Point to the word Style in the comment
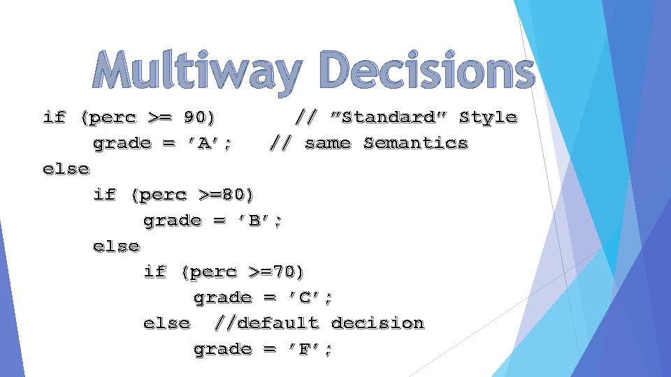point(488,117)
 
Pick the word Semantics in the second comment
point(415,143)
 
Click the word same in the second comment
point(328,143)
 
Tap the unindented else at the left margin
point(66,169)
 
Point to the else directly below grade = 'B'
point(117,246)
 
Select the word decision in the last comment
point(377,323)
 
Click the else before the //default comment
point(166,323)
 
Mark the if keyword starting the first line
point(54,117)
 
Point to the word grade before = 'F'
point(222,349)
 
